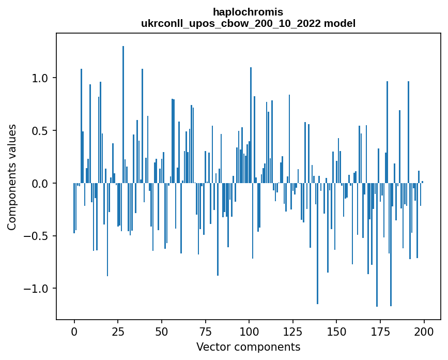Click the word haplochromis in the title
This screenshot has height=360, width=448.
[248, 12]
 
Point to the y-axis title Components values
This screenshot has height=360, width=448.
[12, 177]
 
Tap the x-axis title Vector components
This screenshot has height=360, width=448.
[248, 347]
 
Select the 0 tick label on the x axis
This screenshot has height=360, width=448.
[74, 331]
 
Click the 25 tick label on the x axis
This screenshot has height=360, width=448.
[118, 331]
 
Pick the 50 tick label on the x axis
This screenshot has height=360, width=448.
[162, 331]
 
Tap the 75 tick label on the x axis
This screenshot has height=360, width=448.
[205, 331]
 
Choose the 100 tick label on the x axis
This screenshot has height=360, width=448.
[249, 331]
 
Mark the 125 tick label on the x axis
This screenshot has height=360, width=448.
[293, 331]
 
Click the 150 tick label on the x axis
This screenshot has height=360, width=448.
[336, 331]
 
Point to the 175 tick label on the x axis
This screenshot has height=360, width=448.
[380, 331]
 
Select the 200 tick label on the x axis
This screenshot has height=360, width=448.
[424, 331]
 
